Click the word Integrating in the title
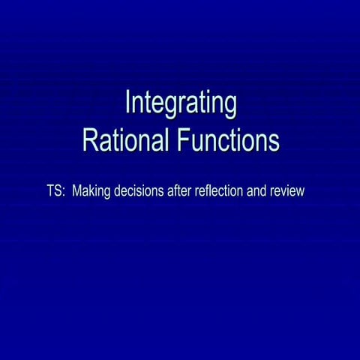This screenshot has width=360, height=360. coord(181,104)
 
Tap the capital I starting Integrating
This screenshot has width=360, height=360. coord(127,103)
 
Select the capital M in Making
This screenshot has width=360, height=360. coord(77,191)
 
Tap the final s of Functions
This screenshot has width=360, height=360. coord(274,142)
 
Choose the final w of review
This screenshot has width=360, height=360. coord(300,193)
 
